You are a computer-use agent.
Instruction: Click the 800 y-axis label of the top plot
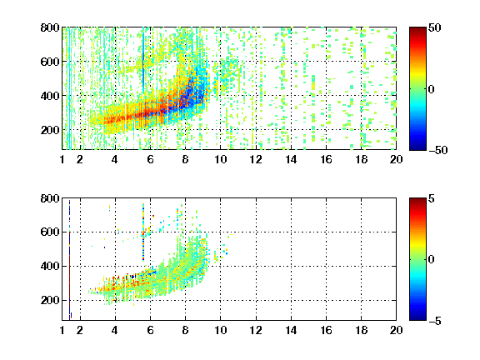pyautogui.click(x=50, y=27)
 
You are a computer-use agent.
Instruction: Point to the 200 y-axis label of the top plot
pyautogui.click(x=50, y=130)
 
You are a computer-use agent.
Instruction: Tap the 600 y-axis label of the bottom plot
pyautogui.click(x=50, y=232)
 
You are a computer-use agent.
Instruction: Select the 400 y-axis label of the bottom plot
pyautogui.click(x=50, y=266)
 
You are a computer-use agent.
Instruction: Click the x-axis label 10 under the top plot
pyautogui.click(x=220, y=159)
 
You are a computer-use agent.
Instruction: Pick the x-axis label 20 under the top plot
pyautogui.click(x=396, y=159)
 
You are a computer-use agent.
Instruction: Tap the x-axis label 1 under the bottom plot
pyautogui.click(x=62, y=330)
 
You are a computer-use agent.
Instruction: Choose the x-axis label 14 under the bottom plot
pyautogui.click(x=291, y=330)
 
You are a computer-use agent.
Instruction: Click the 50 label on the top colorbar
pyautogui.click(x=434, y=27)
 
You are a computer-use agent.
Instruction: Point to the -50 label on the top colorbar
pyautogui.click(x=437, y=150)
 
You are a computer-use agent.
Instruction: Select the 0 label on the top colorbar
pyautogui.click(x=431, y=89)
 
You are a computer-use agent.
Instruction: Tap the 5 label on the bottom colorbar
pyautogui.click(x=431, y=198)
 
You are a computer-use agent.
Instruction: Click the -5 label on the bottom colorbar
pyautogui.click(x=434, y=321)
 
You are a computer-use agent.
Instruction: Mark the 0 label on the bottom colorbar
pyautogui.click(x=431, y=260)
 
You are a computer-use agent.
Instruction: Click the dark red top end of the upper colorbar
pyautogui.click(x=417, y=29)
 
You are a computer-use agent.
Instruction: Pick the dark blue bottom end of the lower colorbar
pyautogui.click(x=417, y=317)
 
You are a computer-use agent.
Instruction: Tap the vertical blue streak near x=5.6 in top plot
pyautogui.click(x=143, y=58)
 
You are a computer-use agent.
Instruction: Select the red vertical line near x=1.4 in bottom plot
pyautogui.click(x=69, y=260)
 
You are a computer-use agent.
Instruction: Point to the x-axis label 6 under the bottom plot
pyautogui.click(x=150, y=330)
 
